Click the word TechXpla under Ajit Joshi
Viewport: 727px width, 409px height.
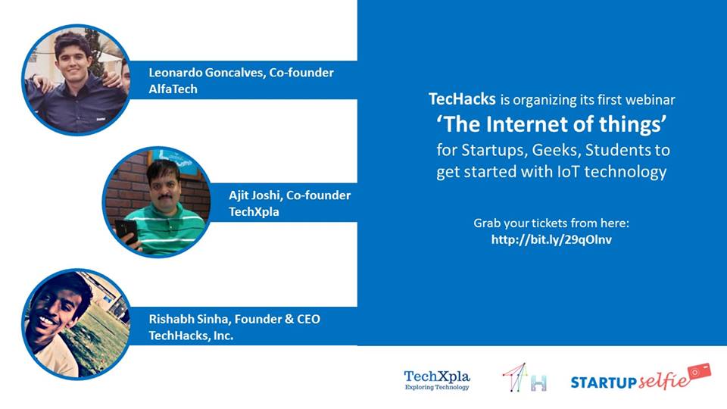(254, 212)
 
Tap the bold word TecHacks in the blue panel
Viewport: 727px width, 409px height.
(462, 99)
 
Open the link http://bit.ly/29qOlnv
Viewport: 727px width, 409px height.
(551, 239)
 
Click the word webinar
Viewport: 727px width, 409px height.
(647, 99)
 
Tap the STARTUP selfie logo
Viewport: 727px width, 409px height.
(640, 379)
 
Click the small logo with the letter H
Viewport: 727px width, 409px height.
(525, 378)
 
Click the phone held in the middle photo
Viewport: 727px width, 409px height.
(127, 230)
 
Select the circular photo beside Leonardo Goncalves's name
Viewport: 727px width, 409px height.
(76, 80)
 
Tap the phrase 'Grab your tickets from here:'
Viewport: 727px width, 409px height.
(551, 223)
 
